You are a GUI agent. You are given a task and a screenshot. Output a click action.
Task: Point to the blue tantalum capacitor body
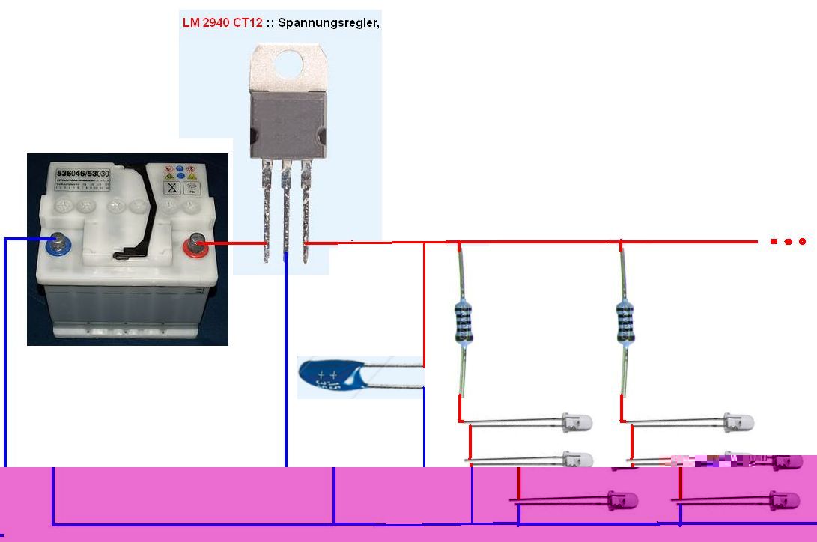pos(329,377)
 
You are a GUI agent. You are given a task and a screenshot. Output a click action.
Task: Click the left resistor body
pos(464,321)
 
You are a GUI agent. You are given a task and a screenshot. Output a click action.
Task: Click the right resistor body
pos(625,321)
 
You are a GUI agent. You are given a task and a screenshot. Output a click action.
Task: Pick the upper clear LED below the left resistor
pos(577,422)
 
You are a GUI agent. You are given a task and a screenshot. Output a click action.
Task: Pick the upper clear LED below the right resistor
pos(738,422)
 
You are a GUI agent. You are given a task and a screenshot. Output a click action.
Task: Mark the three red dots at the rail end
pos(787,242)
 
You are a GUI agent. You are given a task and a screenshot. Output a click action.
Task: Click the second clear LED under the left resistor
pos(577,458)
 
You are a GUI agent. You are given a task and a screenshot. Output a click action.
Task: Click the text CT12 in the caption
pos(248,22)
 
